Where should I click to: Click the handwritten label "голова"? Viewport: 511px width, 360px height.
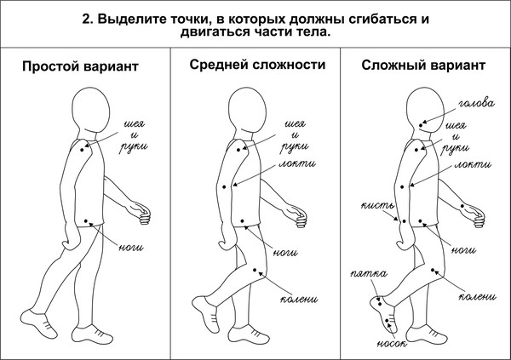click(476, 105)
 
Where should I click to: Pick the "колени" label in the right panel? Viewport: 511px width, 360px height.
click(476, 297)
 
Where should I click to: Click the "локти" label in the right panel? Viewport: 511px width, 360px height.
click(472, 163)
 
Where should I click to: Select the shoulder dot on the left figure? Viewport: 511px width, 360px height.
click(83, 148)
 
